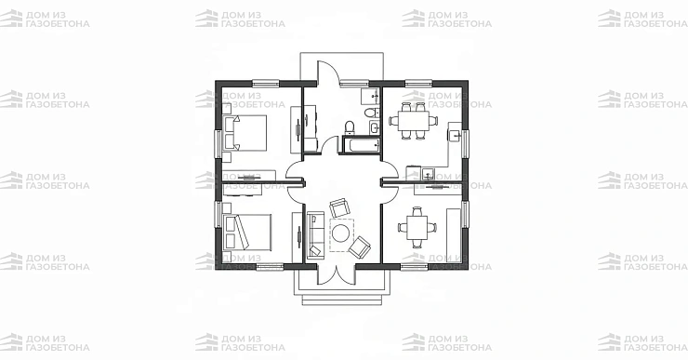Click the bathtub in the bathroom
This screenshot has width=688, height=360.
tap(361, 145)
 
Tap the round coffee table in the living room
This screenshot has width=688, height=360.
tap(340, 233)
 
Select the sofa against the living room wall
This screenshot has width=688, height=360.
tap(315, 233)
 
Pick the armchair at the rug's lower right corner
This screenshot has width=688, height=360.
tap(360, 247)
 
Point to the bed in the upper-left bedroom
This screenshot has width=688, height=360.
tap(245, 133)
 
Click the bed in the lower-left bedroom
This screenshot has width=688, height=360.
tap(247, 233)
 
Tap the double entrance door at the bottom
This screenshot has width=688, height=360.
tap(336, 275)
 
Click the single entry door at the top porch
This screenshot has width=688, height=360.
tap(327, 71)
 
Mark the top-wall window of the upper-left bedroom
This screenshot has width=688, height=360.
tap(266, 83)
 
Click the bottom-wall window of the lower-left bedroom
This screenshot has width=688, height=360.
tap(270, 266)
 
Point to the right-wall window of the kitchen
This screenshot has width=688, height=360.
tap(465, 143)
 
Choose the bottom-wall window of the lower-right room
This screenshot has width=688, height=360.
tap(415, 266)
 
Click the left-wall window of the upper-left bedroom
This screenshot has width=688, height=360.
tap(218, 143)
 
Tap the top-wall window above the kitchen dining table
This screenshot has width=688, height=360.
tap(418, 83)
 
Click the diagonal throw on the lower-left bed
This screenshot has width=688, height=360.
tap(243, 233)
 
